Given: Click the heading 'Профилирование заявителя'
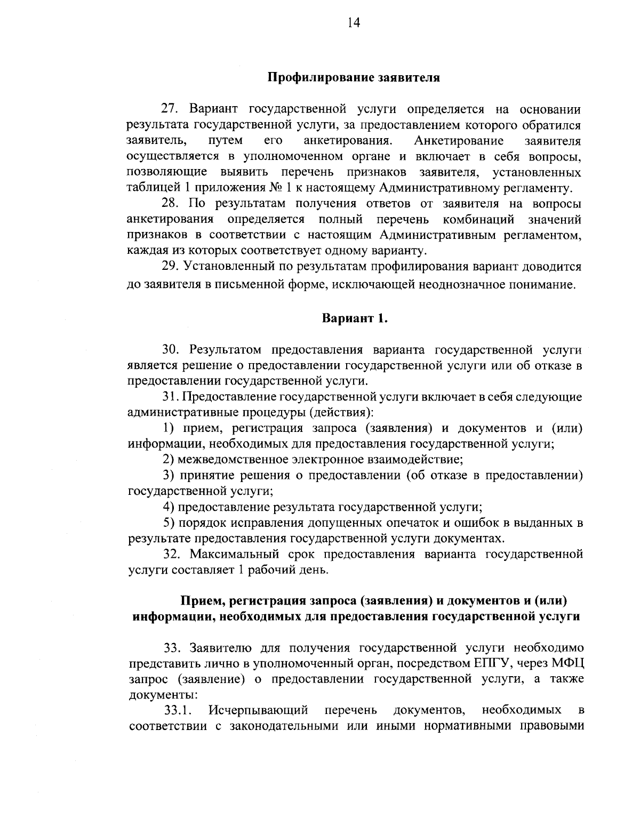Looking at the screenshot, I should click(x=353, y=77).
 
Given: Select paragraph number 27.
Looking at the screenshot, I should click(x=172, y=109).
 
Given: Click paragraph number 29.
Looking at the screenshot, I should click(x=172, y=267).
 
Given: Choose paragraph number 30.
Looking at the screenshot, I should click(x=172, y=350).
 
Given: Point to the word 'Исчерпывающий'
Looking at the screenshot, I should click(x=259, y=711).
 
